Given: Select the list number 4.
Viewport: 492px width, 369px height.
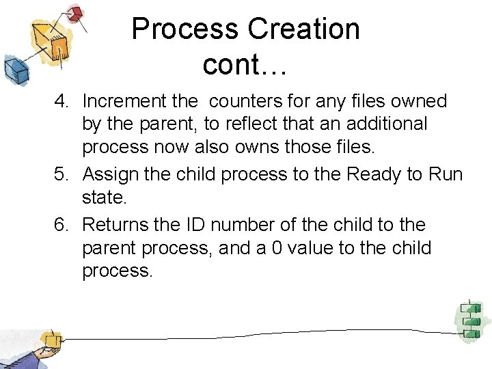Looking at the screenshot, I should click(x=62, y=101).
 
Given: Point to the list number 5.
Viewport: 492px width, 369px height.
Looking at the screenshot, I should click(x=62, y=174).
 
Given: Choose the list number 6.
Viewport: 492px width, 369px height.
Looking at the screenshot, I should click(x=62, y=224).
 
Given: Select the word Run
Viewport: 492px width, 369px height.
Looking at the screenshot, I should click(x=446, y=174).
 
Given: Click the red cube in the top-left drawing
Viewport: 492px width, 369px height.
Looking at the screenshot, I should click(x=76, y=14).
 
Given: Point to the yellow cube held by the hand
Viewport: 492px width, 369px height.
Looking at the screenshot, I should click(x=49, y=340).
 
